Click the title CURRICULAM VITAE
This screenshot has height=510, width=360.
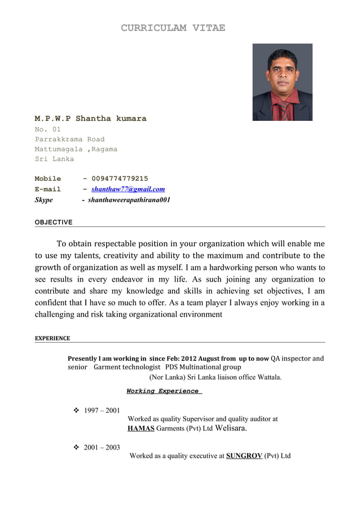(173, 28)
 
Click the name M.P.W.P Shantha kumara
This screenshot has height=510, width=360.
(90, 119)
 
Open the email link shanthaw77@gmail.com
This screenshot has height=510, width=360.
(128, 189)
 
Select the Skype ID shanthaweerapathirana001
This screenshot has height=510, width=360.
(129, 200)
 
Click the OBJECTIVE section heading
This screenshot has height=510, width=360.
(54, 222)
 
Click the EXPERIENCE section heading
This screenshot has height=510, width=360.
(52, 338)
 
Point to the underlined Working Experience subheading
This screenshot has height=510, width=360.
(163, 391)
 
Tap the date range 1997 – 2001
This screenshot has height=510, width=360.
(102, 411)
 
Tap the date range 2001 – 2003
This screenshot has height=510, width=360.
(102, 447)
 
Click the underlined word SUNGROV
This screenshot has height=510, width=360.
(244, 456)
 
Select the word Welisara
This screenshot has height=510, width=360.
(231, 428)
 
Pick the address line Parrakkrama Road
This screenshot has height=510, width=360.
(69, 139)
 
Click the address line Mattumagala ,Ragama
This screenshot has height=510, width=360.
(76, 149)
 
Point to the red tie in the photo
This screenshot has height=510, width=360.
(283, 110)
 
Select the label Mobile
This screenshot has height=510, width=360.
(48, 178)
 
